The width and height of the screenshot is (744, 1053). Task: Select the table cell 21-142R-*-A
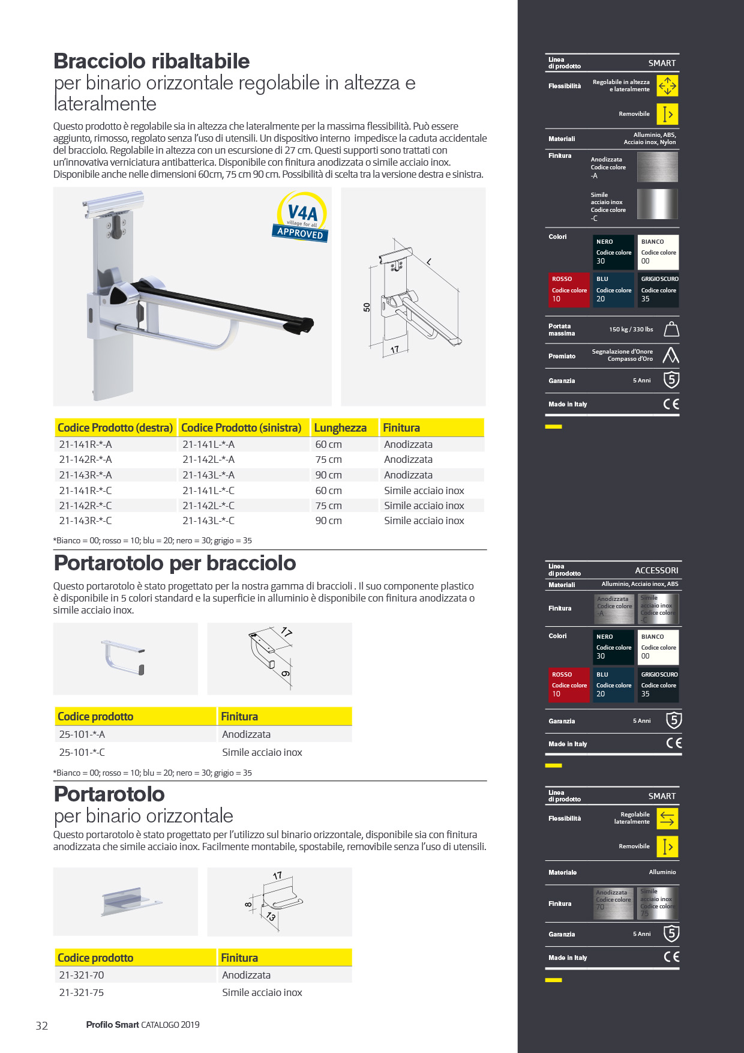(85, 459)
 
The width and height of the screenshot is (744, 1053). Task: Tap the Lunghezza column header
(340, 427)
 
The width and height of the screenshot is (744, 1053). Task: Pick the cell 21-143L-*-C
(208, 520)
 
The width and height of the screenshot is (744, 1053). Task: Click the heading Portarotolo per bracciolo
(175, 563)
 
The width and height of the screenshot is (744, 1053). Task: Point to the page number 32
(41, 1025)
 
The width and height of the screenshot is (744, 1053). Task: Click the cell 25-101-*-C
(82, 752)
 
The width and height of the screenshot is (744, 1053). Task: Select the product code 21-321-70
(82, 975)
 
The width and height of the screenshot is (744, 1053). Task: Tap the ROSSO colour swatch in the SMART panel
(569, 289)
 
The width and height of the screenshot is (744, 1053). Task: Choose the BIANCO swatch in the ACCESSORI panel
(658, 647)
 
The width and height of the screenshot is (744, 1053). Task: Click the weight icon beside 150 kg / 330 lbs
(671, 329)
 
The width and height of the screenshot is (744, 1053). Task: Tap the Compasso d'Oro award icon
(671, 355)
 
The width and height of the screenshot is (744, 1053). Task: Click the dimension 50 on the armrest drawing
(367, 307)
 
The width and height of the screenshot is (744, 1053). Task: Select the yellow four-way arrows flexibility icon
(667, 86)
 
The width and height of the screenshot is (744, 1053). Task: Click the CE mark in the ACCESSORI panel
(674, 743)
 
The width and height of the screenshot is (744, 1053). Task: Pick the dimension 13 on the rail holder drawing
(271, 917)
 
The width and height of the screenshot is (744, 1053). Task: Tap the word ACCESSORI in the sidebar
(656, 570)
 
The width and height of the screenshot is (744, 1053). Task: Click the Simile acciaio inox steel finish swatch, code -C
(657, 204)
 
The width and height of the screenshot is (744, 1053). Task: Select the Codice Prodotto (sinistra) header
(241, 427)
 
